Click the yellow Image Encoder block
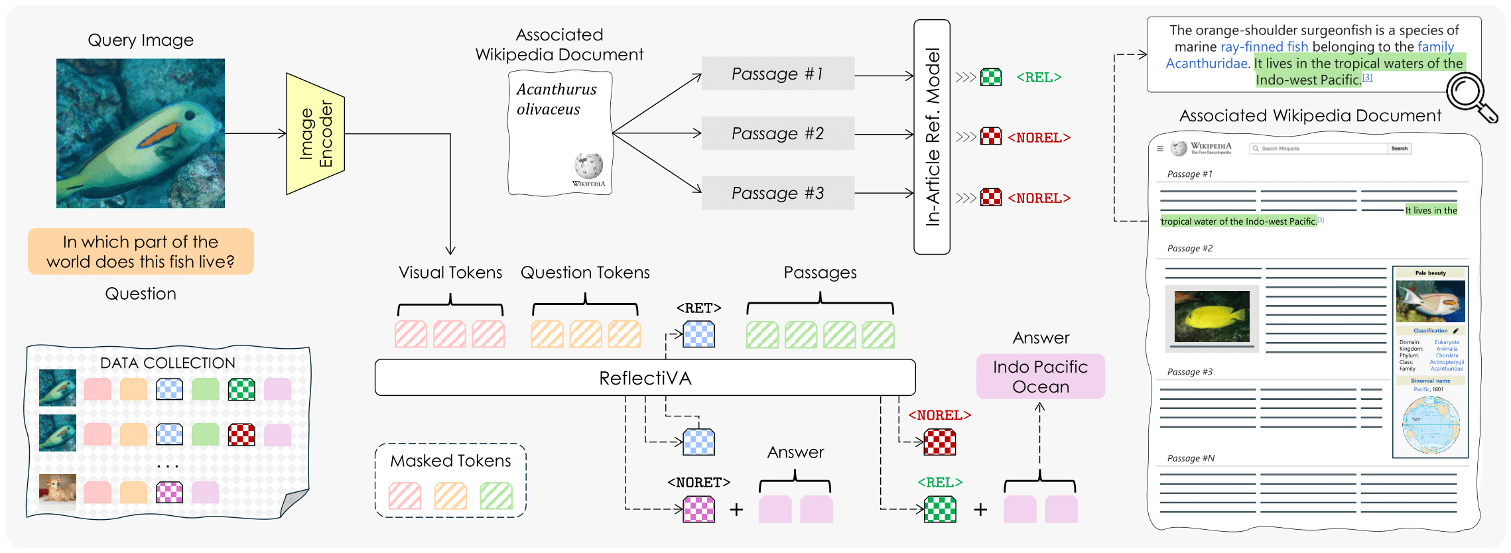coord(315,133)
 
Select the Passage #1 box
coord(777,74)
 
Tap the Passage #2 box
coord(777,133)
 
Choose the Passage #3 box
coord(777,193)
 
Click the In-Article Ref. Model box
coord(932,137)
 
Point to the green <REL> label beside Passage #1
coord(1039,78)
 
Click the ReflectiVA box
coord(645,378)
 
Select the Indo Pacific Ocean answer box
coord(1040,377)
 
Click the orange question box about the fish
coord(141,252)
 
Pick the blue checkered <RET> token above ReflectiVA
coord(699,334)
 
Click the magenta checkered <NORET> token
coord(699,509)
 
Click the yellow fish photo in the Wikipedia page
coord(1211,317)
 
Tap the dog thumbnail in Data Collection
coord(58,492)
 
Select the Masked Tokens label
coord(450,461)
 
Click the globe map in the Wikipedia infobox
coord(1431,425)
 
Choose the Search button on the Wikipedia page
coord(1399,149)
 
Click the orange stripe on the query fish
coord(160,135)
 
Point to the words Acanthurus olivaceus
coord(556,99)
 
